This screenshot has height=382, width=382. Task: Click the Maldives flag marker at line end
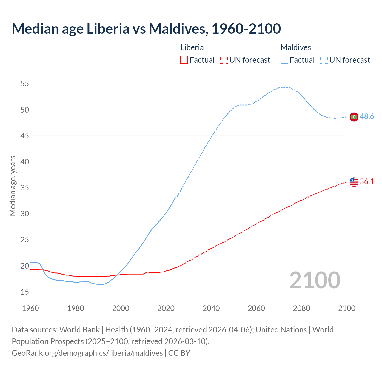[x=354, y=117]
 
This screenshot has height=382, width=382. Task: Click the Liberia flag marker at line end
[x=354, y=182]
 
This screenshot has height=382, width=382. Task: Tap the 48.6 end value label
[x=367, y=117]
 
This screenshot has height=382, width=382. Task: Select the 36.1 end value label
[x=367, y=181]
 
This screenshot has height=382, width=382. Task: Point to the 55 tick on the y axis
[x=25, y=84]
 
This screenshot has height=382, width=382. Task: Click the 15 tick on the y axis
[x=25, y=292]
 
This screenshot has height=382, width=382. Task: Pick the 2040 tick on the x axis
[x=211, y=308]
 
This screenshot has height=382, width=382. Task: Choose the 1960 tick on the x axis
[x=30, y=308]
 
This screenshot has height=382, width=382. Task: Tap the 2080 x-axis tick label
[x=301, y=308]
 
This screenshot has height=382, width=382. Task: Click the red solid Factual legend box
[x=184, y=60]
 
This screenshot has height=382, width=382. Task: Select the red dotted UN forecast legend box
[x=224, y=60]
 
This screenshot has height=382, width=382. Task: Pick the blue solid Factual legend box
[x=284, y=60]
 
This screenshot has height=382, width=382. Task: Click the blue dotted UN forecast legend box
[x=324, y=60]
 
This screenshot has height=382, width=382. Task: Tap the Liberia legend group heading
[x=192, y=47]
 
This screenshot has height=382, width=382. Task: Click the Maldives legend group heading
[x=295, y=47]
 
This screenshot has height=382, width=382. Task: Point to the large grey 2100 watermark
[x=315, y=280]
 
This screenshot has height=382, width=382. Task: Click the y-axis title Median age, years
[x=13, y=186]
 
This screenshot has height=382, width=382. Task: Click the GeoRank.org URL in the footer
[x=87, y=353]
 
